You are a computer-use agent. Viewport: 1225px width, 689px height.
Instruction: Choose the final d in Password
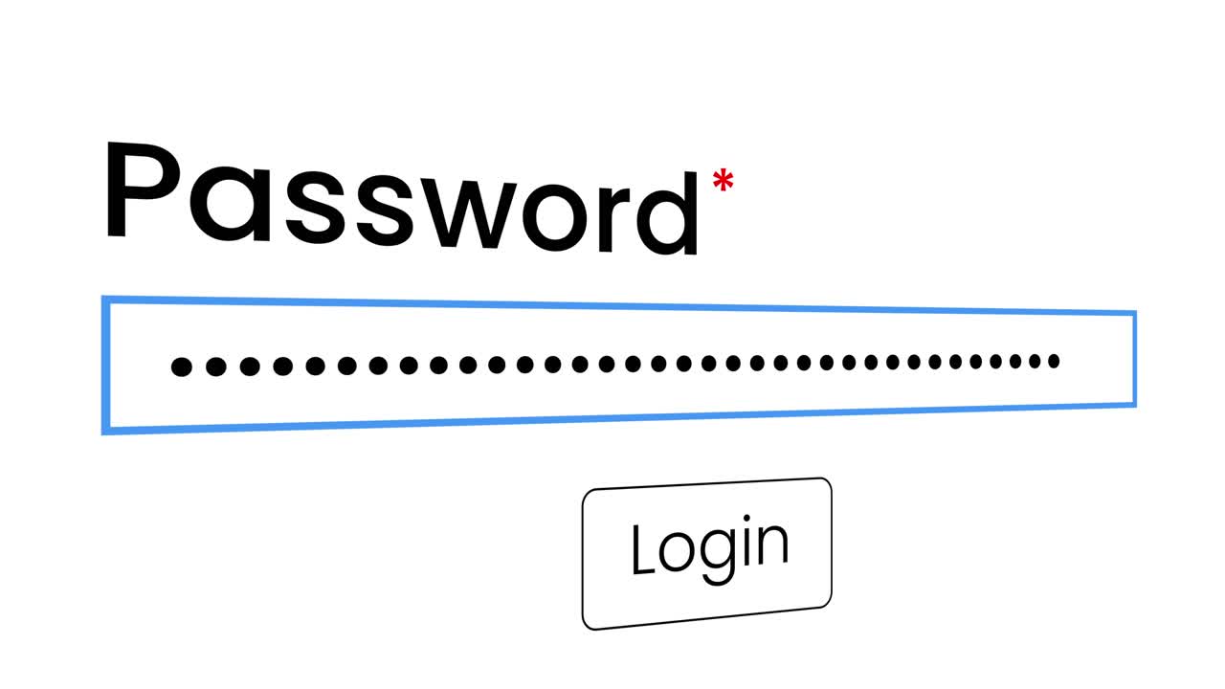pyautogui.click(x=667, y=213)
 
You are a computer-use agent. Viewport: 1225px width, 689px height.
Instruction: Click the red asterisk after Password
pyautogui.click(x=723, y=180)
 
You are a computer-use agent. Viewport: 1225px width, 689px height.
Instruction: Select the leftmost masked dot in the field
pyautogui.click(x=182, y=367)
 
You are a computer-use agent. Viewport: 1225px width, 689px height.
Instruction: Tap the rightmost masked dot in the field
pyautogui.click(x=1054, y=361)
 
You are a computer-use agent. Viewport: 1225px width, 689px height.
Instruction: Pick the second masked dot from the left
pyautogui.click(x=216, y=367)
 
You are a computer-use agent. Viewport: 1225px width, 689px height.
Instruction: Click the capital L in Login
pyautogui.click(x=642, y=549)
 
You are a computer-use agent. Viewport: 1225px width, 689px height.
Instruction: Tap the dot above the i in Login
pyautogui.click(x=747, y=518)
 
